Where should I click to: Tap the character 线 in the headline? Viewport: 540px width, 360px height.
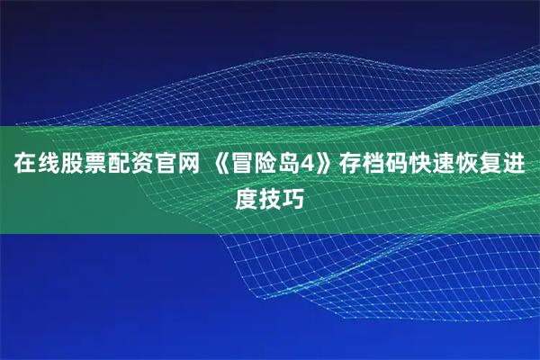coord(48,166)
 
